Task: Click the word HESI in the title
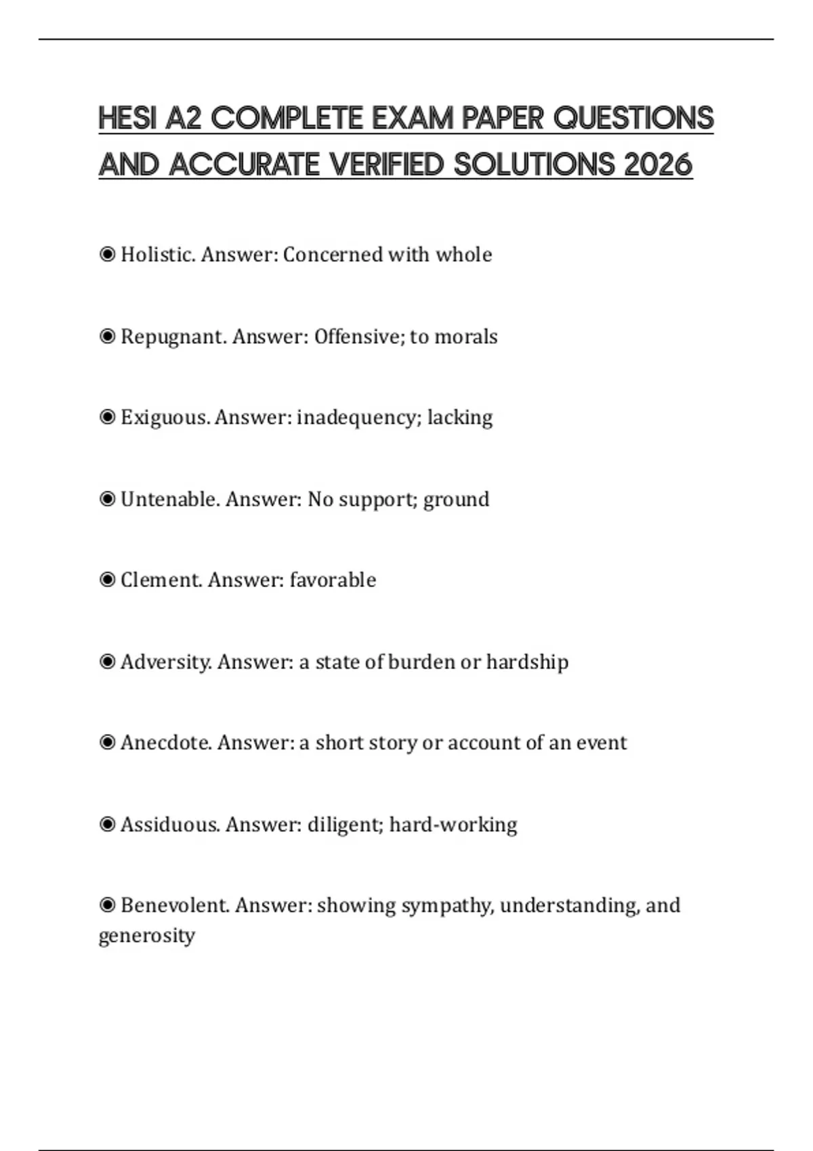click(x=127, y=118)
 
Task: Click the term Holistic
click(x=157, y=255)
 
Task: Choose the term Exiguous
click(x=165, y=417)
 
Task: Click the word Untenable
click(x=169, y=499)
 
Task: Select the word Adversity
click(x=165, y=661)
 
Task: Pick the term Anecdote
click(x=166, y=743)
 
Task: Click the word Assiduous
click(x=169, y=824)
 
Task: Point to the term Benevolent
click(x=174, y=905)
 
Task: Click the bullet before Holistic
click(x=107, y=255)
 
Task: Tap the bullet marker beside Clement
click(x=107, y=580)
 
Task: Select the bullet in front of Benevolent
click(x=107, y=905)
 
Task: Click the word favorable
click(x=333, y=580)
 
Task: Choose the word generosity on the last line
click(x=146, y=936)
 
